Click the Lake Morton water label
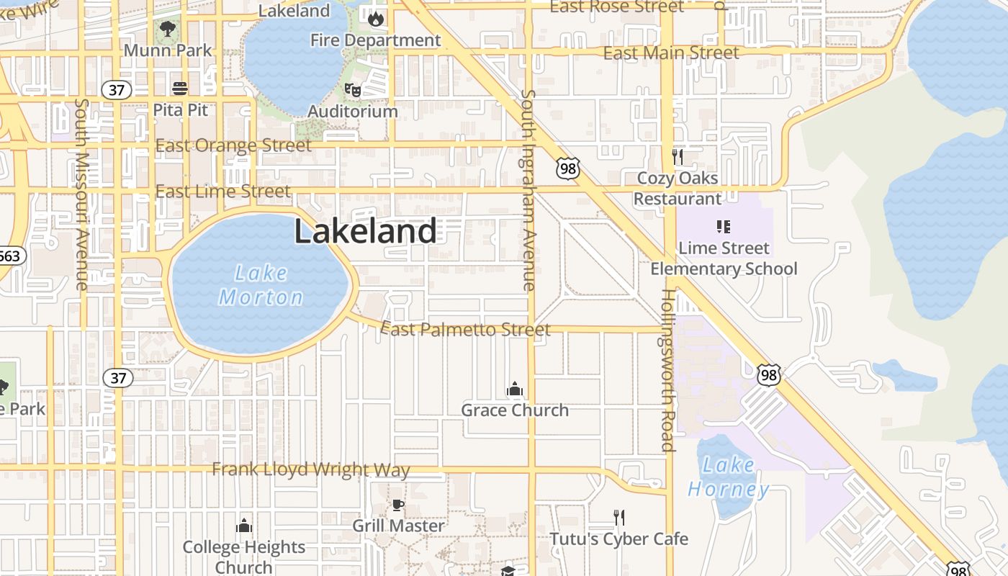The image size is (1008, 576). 261,285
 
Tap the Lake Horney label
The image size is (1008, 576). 728,477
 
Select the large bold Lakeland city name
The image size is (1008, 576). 365,232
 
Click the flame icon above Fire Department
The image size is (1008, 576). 375,19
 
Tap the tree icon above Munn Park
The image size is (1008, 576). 168,30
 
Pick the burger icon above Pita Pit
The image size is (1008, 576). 180,89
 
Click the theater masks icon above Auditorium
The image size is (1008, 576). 352,90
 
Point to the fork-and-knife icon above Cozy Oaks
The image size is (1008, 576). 677,156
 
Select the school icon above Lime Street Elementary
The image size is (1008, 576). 724,227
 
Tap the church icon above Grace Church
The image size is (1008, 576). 514,390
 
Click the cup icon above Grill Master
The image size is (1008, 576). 397,505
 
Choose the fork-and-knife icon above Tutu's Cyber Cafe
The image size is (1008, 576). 618,517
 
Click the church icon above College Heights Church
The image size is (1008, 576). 244,526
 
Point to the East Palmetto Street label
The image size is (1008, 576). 465,330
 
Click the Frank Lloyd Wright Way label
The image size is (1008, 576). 311,469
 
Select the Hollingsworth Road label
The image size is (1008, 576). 667,370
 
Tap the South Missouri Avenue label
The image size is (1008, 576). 81,194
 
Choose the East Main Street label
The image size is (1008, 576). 670,53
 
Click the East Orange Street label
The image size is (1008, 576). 233,145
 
